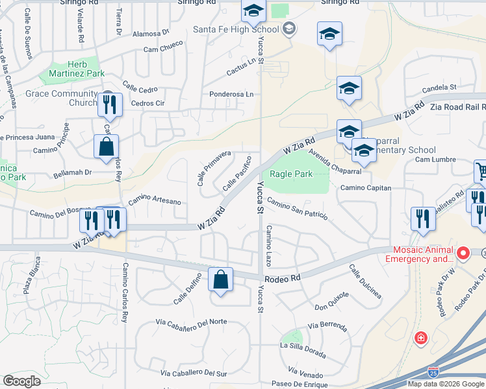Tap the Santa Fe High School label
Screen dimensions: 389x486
click(x=236, y=29)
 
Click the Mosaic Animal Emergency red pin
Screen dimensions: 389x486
click(x=463, y=252)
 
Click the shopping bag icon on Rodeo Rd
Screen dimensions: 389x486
click(x=221, y=280)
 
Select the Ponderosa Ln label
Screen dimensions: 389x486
click(x=231, y=94)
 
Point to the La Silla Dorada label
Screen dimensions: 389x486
click(x=303, y=346)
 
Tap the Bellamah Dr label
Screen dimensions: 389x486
click(x=73, y=172)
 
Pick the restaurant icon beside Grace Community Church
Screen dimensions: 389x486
click(x=110, y=104)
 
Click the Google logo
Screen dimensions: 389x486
click(x=21, y=381)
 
